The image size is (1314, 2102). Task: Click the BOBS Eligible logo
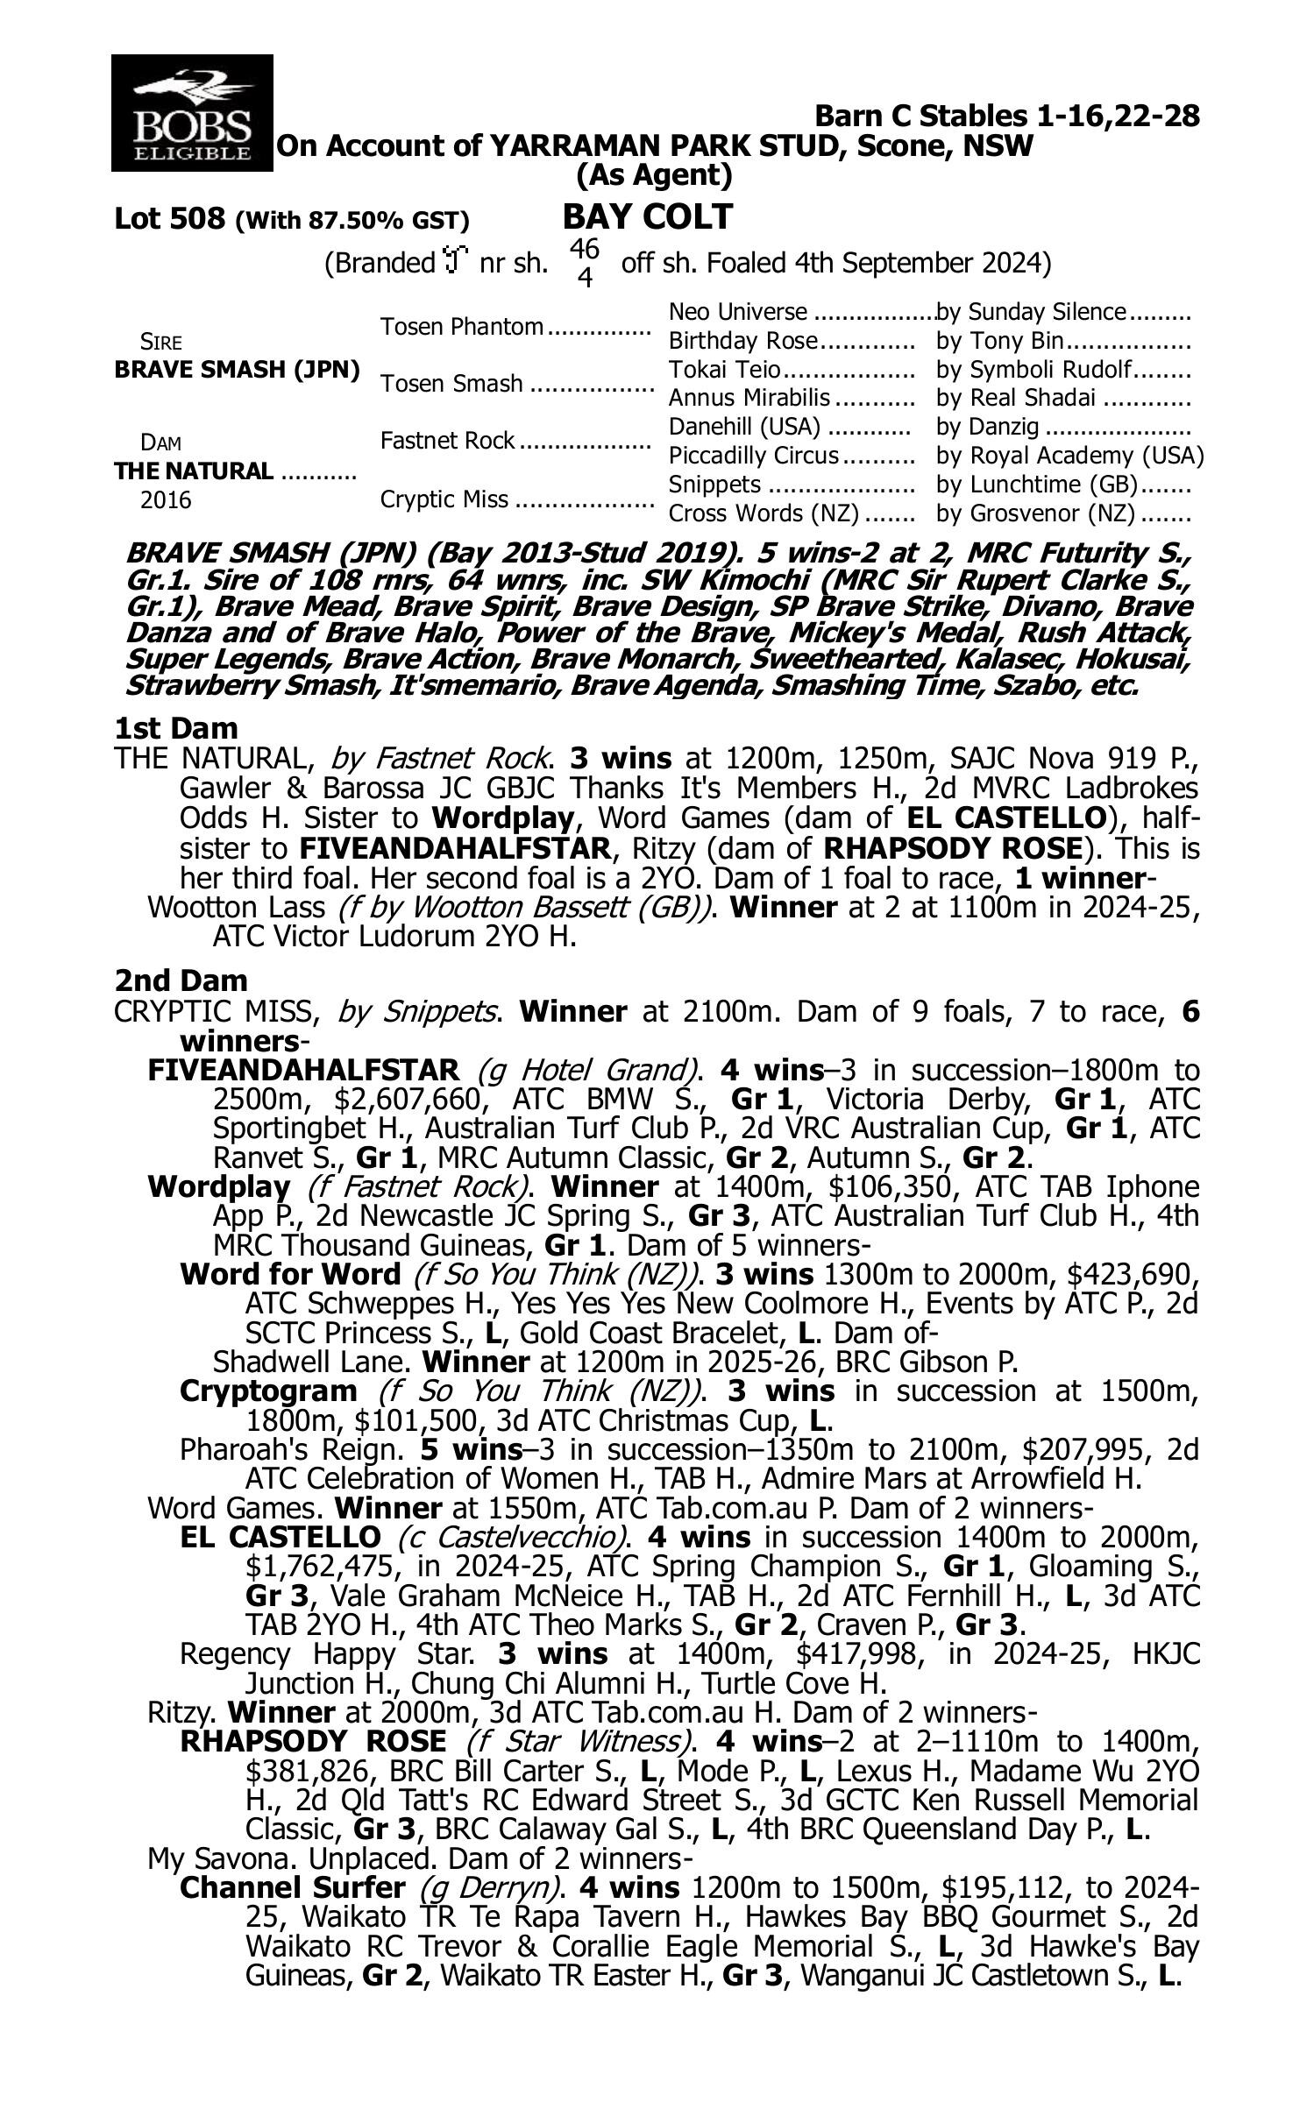tap(192, 112)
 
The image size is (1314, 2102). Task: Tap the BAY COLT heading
tap(647, 216)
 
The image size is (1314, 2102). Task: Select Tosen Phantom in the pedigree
tap(462, 327)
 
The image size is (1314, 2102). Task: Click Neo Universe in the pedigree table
tap(737, 312)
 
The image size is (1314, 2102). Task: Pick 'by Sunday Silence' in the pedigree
tap(1031, 312)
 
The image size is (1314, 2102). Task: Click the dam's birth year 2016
tap(166, 500)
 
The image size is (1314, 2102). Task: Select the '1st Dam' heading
tap(176, 728)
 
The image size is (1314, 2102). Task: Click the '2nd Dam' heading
tap(181, 980)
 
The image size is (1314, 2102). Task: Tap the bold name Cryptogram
tap(268, 1391)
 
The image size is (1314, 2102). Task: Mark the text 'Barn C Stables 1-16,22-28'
tap(1006, 116)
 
